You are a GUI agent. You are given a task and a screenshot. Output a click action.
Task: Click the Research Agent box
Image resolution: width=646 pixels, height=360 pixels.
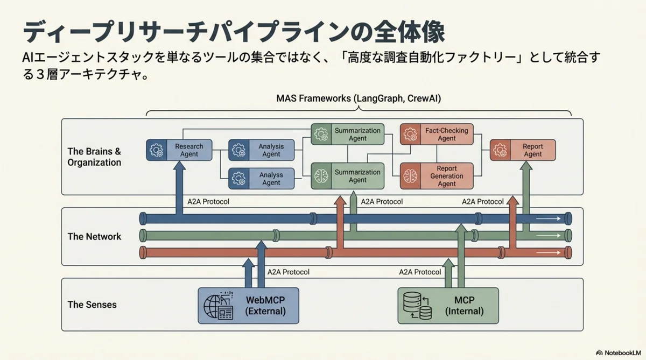(179, 150)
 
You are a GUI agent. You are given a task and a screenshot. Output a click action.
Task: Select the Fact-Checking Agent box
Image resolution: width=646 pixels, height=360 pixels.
(434, 134)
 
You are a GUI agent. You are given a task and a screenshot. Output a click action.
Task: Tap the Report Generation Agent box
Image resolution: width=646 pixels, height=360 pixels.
(434, 176)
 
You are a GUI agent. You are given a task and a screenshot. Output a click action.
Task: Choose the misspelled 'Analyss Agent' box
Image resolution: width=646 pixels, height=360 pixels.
(262, 179)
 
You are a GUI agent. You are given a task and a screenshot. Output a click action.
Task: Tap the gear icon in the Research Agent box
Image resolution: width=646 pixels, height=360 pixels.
(157, 151)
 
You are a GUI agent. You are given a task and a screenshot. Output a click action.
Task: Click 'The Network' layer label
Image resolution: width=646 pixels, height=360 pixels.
(94, 236)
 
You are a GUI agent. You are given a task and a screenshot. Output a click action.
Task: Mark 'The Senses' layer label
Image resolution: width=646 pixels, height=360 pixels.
(92, 305)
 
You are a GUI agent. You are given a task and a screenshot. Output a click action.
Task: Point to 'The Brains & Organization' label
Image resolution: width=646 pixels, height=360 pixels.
(94, 157)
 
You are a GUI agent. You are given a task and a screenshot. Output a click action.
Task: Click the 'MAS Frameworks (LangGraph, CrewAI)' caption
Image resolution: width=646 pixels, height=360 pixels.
(359, 98)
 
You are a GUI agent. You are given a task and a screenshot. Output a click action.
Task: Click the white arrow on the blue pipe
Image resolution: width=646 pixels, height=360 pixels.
(549, 219)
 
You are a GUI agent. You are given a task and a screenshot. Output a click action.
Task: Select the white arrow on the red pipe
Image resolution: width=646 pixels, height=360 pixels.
(549, 252)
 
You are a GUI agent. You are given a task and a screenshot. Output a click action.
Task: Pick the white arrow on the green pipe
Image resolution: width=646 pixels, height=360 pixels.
(549, 236)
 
